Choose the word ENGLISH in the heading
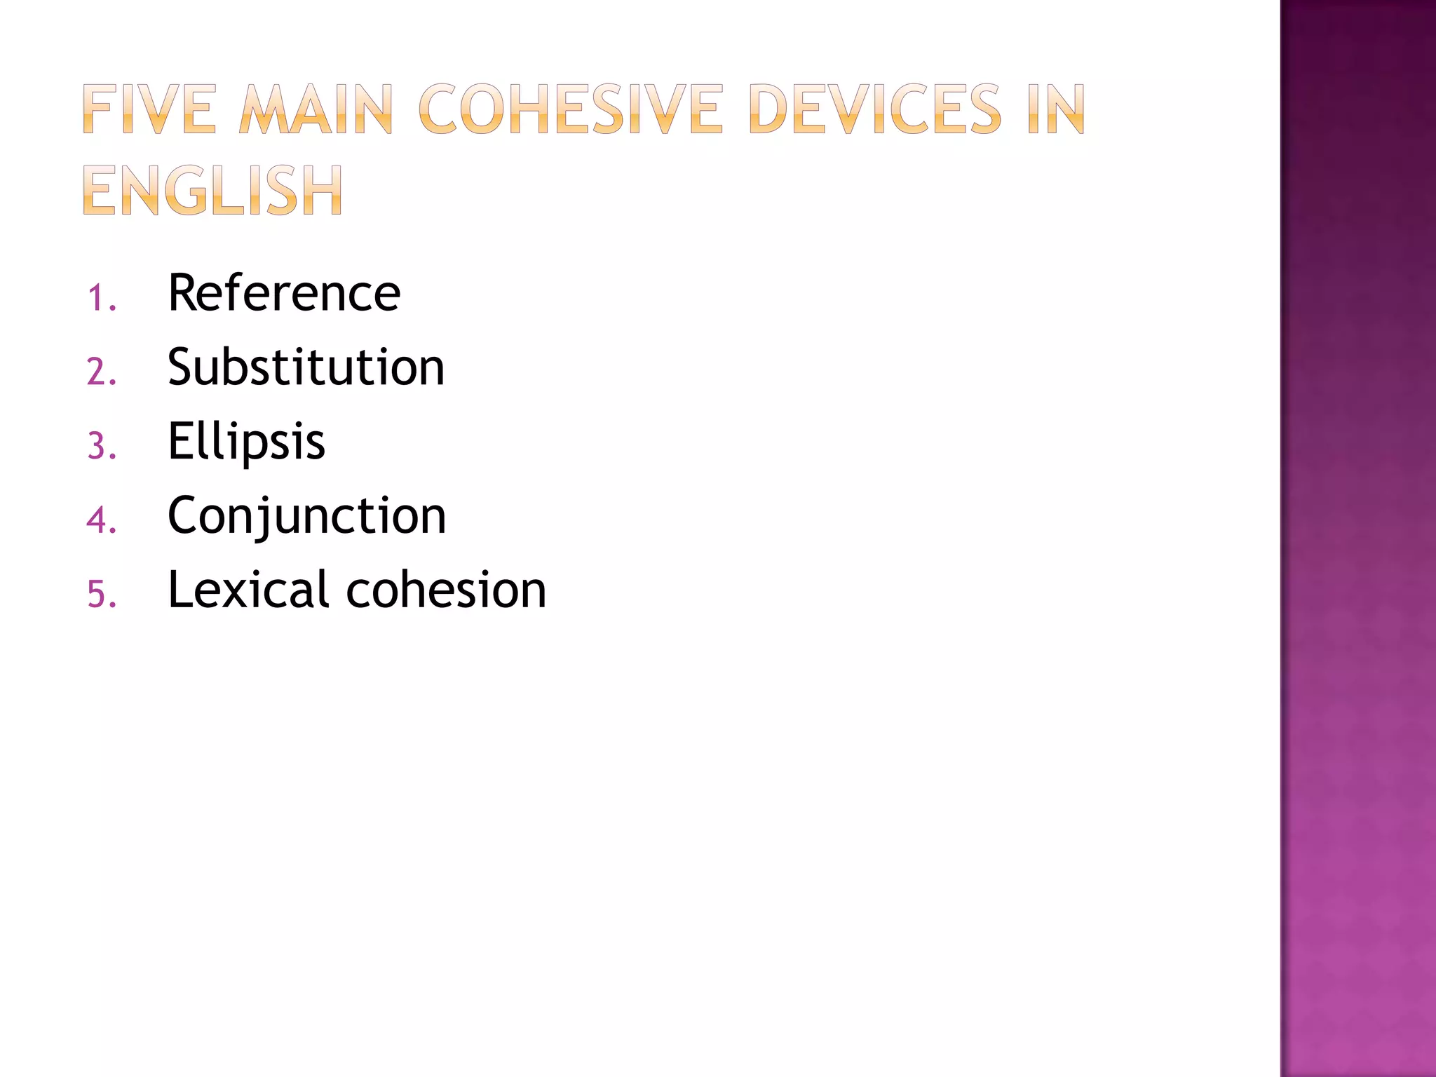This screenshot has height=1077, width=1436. pos(212,190)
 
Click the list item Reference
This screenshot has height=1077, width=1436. pos(284,292)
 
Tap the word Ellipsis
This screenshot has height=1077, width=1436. pos(246,442)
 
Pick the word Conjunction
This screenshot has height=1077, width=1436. pos(306,516)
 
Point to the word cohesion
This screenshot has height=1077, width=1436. pos(446,590)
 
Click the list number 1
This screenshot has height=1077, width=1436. pos(100,297)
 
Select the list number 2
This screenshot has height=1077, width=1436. pos(100,372)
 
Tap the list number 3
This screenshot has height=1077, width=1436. pos(100,446)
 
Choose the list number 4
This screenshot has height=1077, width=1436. pos(100,520)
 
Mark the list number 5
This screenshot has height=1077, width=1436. pos(100,595)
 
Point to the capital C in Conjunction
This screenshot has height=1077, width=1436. pos(184,515)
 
